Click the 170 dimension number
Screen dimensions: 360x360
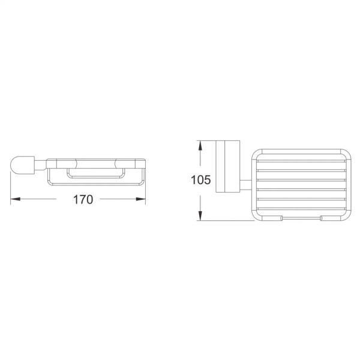click(x=83, y=199)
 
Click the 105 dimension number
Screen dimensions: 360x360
click(x=200, y=180)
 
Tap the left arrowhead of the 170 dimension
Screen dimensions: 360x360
click(x=15, y=199)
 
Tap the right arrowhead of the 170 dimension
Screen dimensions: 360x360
click(x=141, y=199)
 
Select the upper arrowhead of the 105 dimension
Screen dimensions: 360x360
click(x=200, y=145)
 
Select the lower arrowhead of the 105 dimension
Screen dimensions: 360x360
click(x=200, y=216)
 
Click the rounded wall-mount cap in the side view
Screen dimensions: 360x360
click(x=23, y=164)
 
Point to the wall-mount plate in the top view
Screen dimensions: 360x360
click(x=228, y=166)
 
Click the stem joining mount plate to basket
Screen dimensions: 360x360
click(x=245, y=185)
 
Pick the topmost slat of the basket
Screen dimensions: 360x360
click(x=301, y=161)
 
